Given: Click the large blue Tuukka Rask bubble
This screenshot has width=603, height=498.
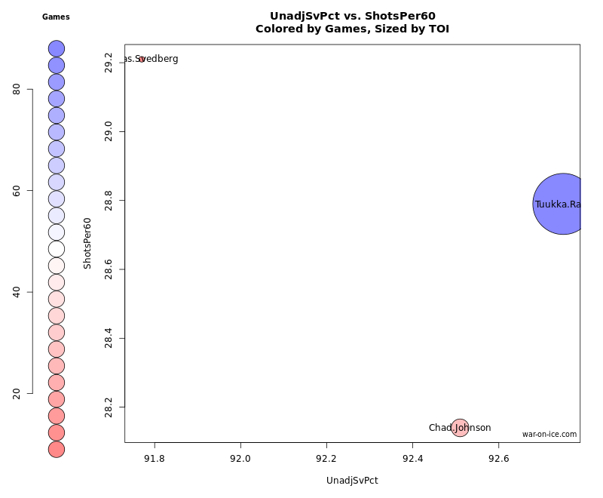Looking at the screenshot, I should click(562, 204).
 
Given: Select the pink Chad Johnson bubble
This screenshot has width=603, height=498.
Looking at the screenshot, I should click(460, 428).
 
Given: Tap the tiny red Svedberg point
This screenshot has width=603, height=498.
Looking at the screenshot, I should click(141, 59).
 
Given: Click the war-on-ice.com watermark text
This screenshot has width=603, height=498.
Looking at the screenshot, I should click(549, 434).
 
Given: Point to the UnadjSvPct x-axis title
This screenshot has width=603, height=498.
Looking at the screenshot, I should click(352, 481).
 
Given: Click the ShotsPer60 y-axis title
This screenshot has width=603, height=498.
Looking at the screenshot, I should click(87, 243).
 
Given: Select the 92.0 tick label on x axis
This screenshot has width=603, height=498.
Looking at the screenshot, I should click(240, 458).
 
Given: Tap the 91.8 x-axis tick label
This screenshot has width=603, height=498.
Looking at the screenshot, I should click(155, 458).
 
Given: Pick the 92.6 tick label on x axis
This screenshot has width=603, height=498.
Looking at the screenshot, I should click(498, 458).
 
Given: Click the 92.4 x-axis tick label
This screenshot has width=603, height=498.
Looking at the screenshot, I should click(412, 458).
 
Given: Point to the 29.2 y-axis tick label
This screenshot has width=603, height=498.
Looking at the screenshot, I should click(109, 63).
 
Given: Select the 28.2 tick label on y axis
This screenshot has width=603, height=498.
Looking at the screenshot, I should click(109, 407).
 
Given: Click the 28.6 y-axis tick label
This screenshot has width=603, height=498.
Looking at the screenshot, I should click(109, 269).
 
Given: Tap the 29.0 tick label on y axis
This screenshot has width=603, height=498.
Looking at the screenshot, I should click(109, 132).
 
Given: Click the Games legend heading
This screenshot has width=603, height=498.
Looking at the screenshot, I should click(56, 17).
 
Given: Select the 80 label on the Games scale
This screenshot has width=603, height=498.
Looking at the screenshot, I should click(17, 89).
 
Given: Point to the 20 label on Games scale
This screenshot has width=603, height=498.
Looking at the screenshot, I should click(17, 393).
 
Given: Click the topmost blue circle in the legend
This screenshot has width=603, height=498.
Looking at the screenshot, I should click(57, 48).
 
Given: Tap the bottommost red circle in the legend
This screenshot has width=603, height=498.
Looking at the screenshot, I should click(57, 449).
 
